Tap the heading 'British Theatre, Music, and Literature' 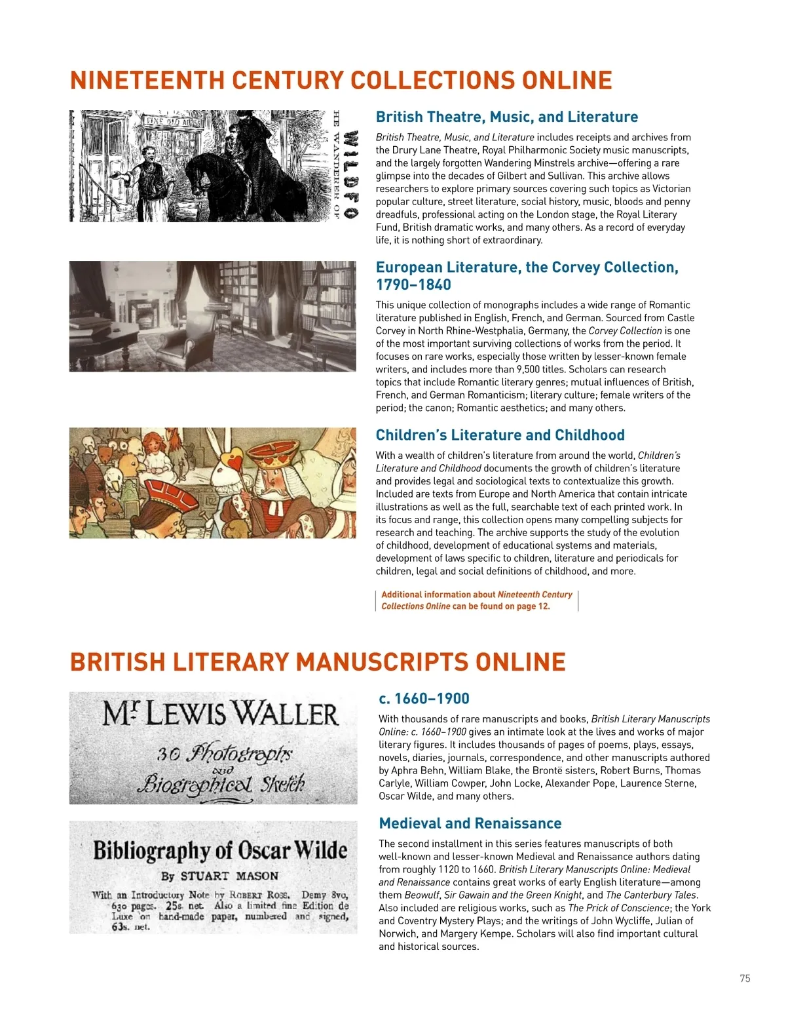coord(506,117)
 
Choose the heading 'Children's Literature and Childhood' coord(500,435)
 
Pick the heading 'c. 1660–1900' coord(424,699)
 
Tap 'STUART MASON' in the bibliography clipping coord(229,876)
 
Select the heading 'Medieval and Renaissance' coord(470,823)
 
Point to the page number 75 coord(745,979)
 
